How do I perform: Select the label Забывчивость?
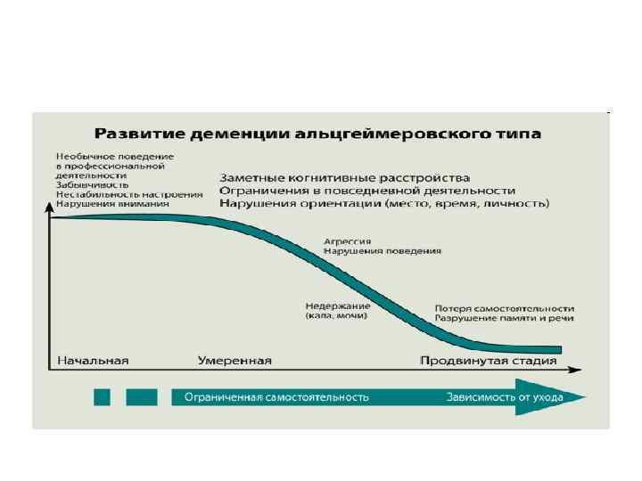pos(91,184)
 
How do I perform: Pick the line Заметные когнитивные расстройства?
pos(344,178)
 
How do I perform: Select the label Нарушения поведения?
pos(382,251)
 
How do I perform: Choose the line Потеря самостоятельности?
pos(504,306)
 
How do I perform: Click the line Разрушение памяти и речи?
pos(504,317)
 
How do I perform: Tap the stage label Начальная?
pos(93,361)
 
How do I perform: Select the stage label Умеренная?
pos(233,361)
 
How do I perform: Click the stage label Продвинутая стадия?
pos(489,361)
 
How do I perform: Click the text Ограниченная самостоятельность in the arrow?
pos(276,397)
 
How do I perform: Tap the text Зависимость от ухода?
pos(505,397)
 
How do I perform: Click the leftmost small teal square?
pos(102,397)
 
